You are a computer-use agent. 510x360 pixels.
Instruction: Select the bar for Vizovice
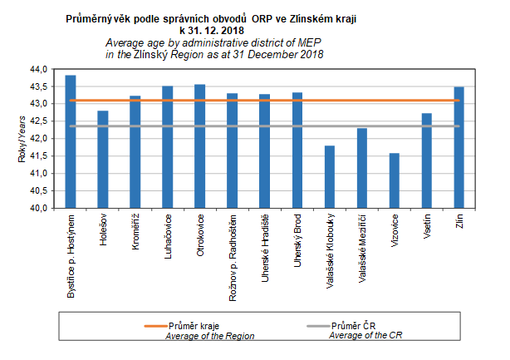tap(394, 180)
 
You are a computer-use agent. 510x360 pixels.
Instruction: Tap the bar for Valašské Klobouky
tap(329, 177)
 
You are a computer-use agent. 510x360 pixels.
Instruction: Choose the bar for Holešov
tap(102, 160)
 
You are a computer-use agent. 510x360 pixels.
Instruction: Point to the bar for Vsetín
tap(426, 160)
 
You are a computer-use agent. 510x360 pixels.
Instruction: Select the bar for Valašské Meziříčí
tap(361, 168)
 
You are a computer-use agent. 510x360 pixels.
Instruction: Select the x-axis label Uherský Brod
tap(297, 237)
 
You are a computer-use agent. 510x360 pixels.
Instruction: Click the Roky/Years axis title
tap(22, 141)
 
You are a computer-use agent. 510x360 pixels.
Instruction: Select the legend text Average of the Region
tap(208, 336)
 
